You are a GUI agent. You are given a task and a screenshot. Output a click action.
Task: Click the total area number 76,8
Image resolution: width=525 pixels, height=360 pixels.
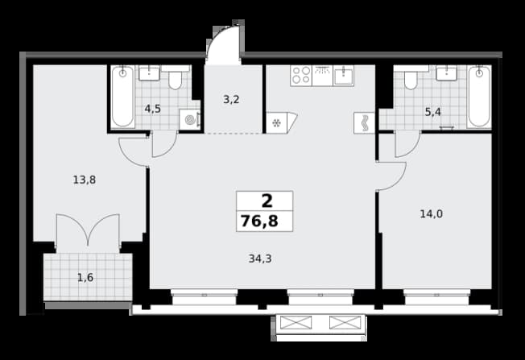(259, 221)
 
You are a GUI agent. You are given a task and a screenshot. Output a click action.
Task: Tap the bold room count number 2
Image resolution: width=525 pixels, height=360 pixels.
(267, 201)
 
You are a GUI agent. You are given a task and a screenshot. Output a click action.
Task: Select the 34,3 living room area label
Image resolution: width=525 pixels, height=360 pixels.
(260, 259)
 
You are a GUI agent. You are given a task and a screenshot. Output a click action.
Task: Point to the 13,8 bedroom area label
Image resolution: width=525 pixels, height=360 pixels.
(85, 180)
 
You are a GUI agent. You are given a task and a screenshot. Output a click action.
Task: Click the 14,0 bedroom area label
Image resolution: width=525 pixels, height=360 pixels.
(432, 213)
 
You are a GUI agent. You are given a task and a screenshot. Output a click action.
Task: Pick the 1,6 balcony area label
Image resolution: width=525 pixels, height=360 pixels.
(85, 278)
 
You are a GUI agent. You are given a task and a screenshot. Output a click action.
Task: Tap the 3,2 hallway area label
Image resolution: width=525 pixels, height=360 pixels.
(231, 99)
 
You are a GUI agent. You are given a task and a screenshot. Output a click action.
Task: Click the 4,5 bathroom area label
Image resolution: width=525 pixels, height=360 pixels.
(153, 109)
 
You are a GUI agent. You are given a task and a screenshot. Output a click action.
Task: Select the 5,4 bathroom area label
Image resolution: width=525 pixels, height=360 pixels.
(433, 112)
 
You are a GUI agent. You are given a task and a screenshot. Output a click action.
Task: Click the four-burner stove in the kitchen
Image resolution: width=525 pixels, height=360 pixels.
(301, 76)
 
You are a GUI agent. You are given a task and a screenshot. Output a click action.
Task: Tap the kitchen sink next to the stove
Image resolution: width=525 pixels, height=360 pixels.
(344, 76)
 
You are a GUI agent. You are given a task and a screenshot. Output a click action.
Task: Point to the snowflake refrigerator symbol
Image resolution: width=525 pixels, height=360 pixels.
(276, 123)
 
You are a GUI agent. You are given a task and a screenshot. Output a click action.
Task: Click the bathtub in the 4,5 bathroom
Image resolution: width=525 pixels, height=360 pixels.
(123, 97)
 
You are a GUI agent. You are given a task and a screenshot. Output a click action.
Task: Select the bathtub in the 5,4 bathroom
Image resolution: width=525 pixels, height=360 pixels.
(479, 97)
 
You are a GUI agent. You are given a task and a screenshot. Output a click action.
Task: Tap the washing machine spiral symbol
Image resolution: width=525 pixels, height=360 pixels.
(190, 119)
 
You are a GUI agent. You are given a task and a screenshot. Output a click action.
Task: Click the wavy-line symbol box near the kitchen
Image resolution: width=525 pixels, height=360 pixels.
(364, 123)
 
